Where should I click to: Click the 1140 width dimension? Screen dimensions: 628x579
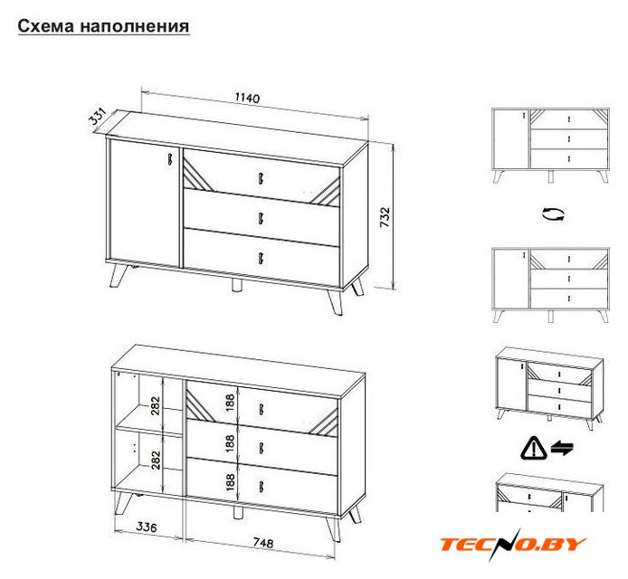tap(247, 98)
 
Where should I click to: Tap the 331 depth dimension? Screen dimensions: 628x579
tap(97, 116)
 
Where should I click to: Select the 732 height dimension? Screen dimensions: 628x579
tap(385, 217)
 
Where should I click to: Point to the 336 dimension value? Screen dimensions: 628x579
tap(147, 527)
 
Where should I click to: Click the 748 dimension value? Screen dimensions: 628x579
tap(263, 543)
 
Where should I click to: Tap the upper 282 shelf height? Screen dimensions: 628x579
tap(156, 405)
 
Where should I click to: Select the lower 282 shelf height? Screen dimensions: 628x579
tap(156, 460)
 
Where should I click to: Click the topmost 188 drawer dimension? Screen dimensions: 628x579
tap(230, 403)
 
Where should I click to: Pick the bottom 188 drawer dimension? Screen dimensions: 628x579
tap(230, 482)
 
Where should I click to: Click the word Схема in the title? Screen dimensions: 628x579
tap(46, 26)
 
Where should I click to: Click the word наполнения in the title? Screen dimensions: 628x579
tap(135, 26)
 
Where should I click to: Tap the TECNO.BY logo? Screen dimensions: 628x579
tap(513, 544)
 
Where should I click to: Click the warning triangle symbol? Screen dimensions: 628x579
tap(534, 448)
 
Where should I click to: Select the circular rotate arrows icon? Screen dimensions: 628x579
tap(553, 214)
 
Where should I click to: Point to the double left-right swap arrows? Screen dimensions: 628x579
tap(562, 448)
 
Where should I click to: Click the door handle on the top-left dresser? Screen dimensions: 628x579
tap(169, 158)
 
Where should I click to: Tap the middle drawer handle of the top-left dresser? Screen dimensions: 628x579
tap(261, 218)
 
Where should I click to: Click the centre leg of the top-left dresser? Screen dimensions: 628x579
tap(237, 285)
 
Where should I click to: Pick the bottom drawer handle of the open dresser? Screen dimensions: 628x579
tap(262, 486)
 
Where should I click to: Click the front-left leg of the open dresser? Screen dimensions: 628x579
tap(122, 503)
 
